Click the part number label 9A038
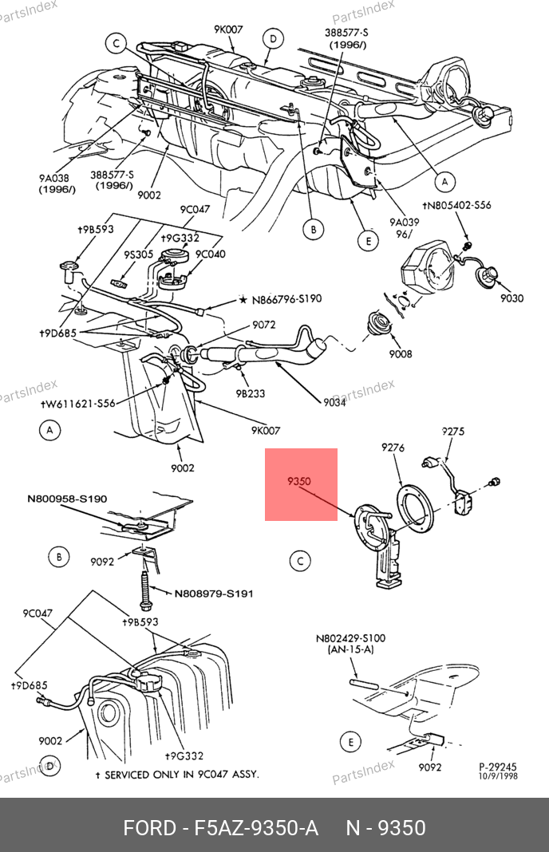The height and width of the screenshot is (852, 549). (53, 178)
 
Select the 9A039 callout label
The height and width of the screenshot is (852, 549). (404, 223)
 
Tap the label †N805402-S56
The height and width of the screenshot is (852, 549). (456, 205)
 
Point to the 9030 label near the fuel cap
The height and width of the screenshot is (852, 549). (511, 298)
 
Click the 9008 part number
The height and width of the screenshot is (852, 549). (400, 353)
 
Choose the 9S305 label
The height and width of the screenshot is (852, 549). (139, 254)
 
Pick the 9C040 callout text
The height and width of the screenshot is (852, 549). (211, 254)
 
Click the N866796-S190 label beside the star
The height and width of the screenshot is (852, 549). (286, 299)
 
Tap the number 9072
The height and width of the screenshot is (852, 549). (263, 325)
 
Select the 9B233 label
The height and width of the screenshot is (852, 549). (250, 393)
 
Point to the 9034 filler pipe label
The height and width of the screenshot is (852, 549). (334, 402)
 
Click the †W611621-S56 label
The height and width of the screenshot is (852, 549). (77, 404)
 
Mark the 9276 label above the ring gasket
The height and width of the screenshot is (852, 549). (393, 448)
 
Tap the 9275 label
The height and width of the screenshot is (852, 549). (452, 432)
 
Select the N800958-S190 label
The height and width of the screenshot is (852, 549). (67, 499)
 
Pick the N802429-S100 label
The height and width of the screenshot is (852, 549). (350, 638)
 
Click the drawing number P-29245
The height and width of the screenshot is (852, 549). (497, 767)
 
